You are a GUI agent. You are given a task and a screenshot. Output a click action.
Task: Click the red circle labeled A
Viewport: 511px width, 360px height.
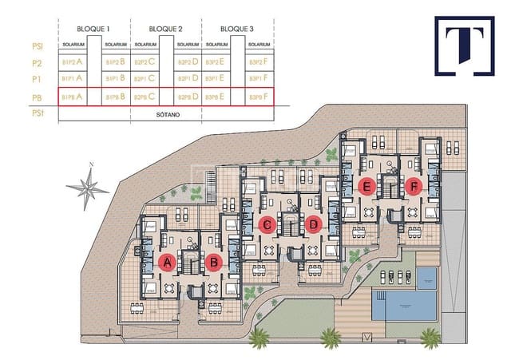(167, 261)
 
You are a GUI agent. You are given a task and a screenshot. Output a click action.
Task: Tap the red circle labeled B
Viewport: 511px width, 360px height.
(213, 261)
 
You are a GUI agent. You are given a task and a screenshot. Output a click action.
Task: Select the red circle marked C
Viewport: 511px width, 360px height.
(267, 225)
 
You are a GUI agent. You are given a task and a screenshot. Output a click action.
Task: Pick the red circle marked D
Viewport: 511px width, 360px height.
(314, 225)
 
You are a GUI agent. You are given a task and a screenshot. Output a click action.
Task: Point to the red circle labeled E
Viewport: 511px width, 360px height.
(366, 188)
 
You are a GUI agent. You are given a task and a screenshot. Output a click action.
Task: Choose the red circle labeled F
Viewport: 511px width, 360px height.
(413, 188)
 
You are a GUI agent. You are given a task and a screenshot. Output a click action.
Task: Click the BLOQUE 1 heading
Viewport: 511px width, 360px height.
(94, 29)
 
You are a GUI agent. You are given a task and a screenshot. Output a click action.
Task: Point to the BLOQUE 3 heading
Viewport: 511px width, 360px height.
(237, 29)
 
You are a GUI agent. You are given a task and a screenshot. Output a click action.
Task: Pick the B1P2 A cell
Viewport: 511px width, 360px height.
(72, 61)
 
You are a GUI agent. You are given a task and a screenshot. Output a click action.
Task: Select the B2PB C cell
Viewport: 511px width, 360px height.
(144, 97)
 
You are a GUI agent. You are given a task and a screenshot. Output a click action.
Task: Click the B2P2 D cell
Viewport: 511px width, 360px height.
(188, 61)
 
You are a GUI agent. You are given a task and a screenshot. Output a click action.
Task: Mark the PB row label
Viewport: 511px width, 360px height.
(36, 97)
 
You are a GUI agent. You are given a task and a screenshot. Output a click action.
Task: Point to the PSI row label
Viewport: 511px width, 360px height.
(36, 45)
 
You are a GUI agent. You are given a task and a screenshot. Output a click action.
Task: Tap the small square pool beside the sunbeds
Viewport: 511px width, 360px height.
(428, 278)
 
